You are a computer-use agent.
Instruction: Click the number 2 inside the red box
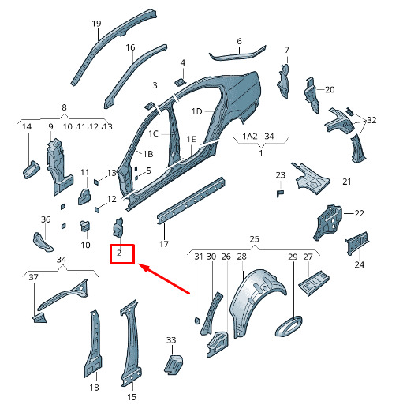119,253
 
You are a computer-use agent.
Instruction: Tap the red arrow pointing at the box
163,279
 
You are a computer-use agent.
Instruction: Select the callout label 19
96,24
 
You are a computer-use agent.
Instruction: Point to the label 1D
196,111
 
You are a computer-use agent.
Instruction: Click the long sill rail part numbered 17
191,201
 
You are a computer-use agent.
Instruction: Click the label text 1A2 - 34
258,137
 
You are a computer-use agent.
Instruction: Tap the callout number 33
171,340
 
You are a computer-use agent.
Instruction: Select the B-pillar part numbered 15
131,342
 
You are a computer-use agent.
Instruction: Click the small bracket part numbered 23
280,193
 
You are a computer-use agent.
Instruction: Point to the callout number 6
239,41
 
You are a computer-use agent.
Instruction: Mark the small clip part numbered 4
181,82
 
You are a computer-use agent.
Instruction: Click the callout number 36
46,219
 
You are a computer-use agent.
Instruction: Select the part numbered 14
32,170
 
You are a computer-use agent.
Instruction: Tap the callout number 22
360,213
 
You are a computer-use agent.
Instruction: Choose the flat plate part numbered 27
314,283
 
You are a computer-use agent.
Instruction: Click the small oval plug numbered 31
197,321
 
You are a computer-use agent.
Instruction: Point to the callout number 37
33,277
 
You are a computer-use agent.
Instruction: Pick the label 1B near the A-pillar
148,154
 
